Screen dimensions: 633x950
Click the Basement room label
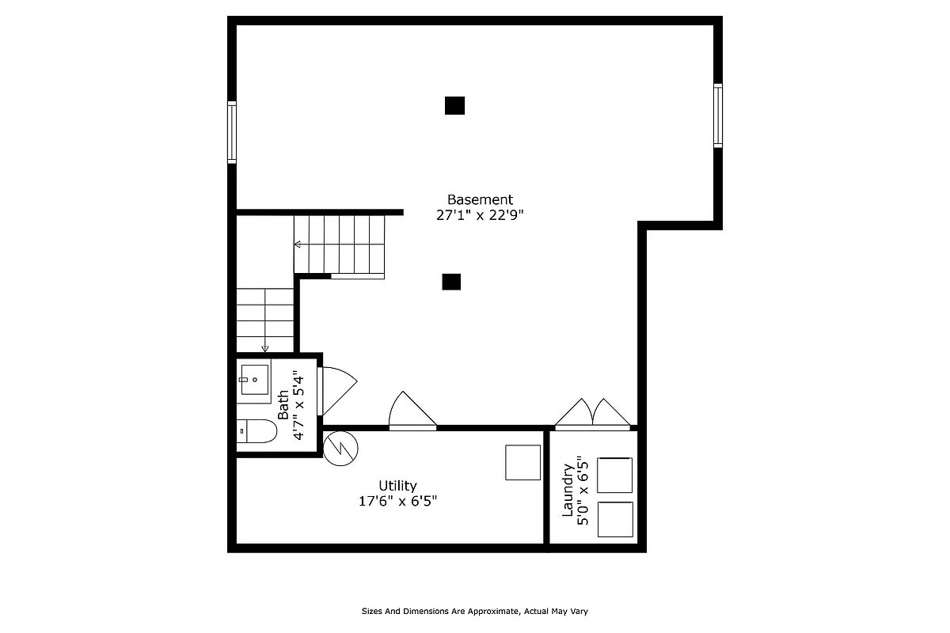pyautogui.click(x=480, y=199)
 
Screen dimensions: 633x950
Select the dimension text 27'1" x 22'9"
pyautogui.click(x=480, y=214)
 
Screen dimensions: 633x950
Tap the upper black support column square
pyautogui.click(x=454, y=105)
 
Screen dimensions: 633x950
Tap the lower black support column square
pyautogui.click(x=451, y=282)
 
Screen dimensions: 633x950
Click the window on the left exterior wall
pyautogui.click(x=232, y=131)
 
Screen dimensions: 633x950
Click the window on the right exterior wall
pyautogui.click(x=718, y=116)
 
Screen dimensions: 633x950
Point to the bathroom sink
pyautogui.click(x=254, y=380)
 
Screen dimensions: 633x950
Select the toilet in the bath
pyautogui.click(x=256, y=431)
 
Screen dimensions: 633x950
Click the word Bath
pyautogui.click(x=283, y=404)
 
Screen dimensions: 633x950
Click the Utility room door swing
pyautogui.click(x=411, y=412)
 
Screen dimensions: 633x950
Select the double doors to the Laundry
pyautogui.click(x=593, y=414)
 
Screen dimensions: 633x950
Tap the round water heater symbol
pyautogui.click(x=341, y=448)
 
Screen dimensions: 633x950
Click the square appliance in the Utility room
pyautogui.click(x=523, y=462)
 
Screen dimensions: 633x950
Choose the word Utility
pyautogui.click(x=397, y=486)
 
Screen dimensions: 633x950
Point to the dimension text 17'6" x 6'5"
pyautogui.click(x=397, y=501)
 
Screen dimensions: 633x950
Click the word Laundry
pyautogui.click(x=568, y=491)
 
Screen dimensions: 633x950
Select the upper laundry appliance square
pyautogui.click(x=614, y=475)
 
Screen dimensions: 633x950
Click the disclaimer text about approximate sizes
pyautogui.click(x=475, y=611)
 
